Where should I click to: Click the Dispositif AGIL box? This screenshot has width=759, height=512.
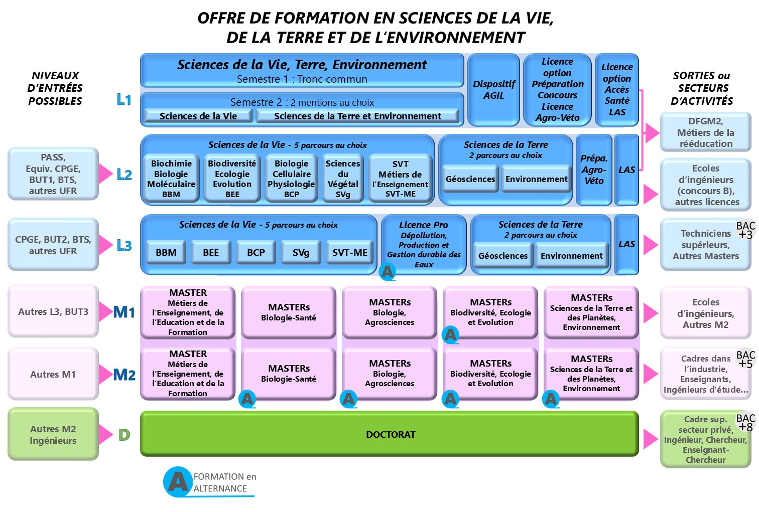click(493, 90)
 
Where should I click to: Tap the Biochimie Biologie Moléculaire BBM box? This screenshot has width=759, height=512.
click(171, 179)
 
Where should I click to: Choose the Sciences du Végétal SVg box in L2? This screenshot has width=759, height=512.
click(343, 179)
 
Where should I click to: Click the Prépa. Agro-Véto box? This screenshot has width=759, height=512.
click(594, 169)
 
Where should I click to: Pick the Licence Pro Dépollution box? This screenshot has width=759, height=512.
click(424, 244)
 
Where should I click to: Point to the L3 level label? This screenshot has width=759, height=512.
click(124, 245)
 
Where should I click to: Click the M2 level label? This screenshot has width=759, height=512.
click(124, 375)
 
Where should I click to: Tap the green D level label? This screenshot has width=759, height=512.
click(124, 435)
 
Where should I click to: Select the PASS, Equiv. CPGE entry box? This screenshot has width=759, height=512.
click(53, 174)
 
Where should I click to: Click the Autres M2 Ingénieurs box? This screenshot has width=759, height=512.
click(53, 434)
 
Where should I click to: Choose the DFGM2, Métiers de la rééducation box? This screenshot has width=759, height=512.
click(705, 132)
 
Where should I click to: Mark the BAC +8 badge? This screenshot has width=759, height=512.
click(745, 422)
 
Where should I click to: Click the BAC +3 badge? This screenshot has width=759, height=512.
click(745, 230)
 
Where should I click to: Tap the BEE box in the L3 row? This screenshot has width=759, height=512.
click(211, 252)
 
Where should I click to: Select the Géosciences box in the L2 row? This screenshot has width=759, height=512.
click(470, 179)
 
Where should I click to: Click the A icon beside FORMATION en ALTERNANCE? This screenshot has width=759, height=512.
click(178, 482)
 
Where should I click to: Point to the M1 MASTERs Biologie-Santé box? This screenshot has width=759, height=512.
click(289, 312)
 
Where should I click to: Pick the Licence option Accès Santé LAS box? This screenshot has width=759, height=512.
click(617, 90)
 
